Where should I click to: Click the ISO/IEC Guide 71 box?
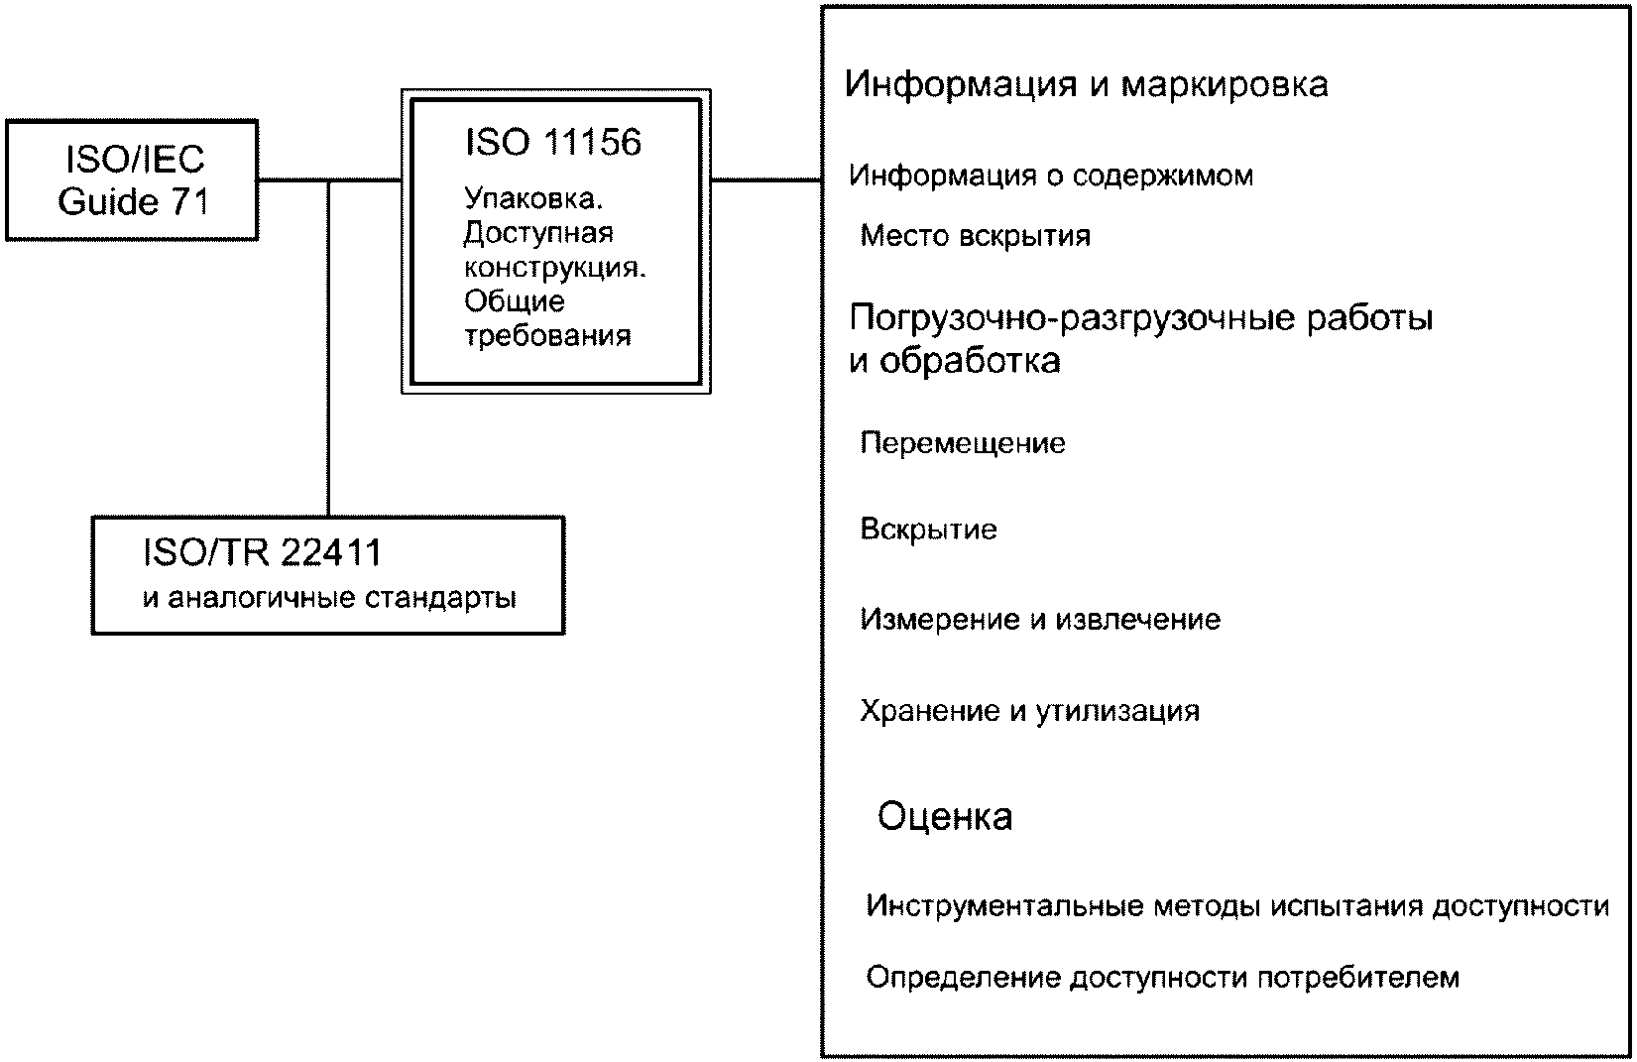coord(133,180)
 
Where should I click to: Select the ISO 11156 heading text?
coord(552,143)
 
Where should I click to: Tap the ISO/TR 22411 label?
coord(262,553)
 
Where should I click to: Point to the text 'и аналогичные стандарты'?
coord(329,599)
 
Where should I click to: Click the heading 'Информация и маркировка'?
coord(1086,84)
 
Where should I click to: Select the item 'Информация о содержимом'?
coord(1051,177)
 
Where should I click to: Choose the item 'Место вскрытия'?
coord(975,236)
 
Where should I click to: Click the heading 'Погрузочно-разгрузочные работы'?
coord(1141,319)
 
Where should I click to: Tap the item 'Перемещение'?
coord(962,442)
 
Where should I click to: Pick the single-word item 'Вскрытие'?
coord(928,530)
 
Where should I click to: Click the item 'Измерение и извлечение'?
coord(1040,620)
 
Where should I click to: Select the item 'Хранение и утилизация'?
coord(1029,711)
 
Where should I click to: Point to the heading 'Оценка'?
coord(945,817)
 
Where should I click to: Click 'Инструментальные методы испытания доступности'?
coord(1236,906)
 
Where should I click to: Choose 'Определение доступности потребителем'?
coord(1162,978)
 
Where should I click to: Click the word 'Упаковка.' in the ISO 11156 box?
coord(533,199)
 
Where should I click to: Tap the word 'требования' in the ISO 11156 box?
coord(547,336)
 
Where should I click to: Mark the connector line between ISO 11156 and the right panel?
coord(766,180)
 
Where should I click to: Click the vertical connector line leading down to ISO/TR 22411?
coord(328,347)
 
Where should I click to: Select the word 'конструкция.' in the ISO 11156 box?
coord(554,269)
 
